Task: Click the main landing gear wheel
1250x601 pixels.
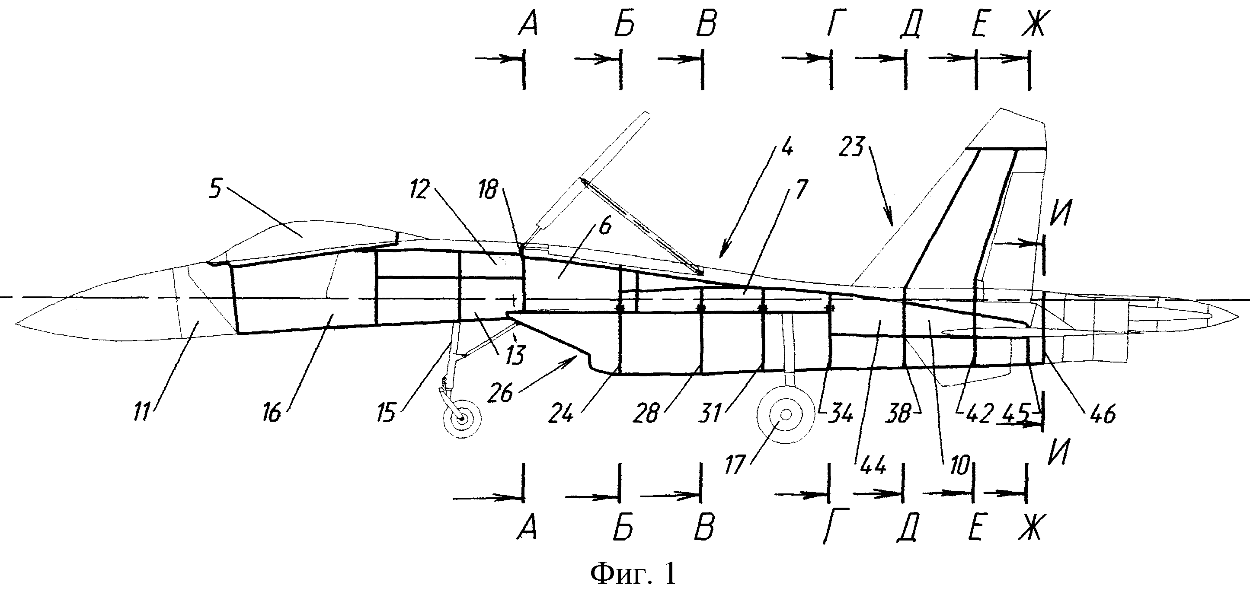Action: point(786,414)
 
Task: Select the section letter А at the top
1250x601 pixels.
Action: point(527,24)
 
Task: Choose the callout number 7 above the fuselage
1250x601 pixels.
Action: point(801,189)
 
